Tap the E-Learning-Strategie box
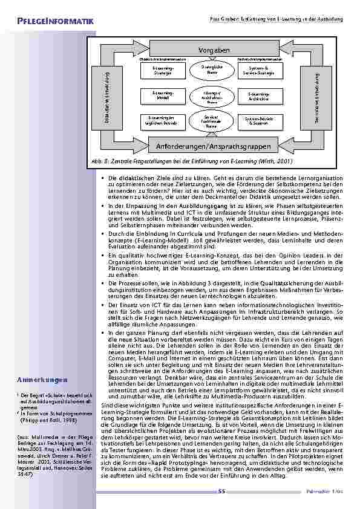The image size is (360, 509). coord(163,72)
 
